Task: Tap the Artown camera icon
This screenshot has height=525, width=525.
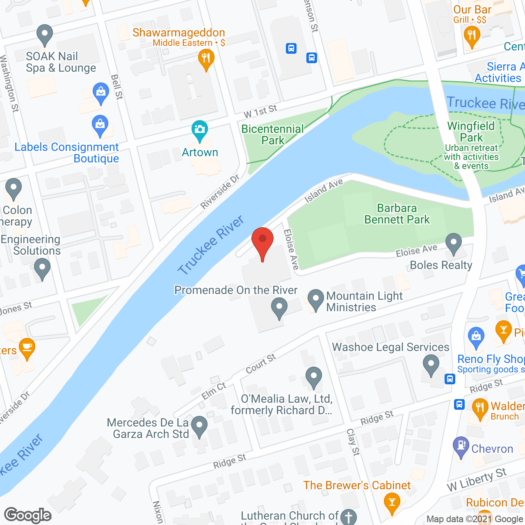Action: click(200, 131)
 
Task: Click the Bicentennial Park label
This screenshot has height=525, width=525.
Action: click(273, 135)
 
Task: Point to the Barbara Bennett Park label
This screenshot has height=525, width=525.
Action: click(397, 214)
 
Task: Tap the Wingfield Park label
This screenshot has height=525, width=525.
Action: click(471, 132)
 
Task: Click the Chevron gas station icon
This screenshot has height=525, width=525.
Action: click(461, 447)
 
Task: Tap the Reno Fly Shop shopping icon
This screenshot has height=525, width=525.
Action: click(476, 338)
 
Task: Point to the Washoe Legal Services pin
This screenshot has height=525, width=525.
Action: click(431, 365)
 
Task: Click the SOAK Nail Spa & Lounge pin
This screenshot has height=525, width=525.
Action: click(45, 35)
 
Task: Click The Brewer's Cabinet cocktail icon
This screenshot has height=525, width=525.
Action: click(392, 503)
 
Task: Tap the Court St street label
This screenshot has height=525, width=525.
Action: click(261, 364)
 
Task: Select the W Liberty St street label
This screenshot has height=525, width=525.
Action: click(477, 479)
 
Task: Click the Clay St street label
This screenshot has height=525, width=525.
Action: click(353, 442)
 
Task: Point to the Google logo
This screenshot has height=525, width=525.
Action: click(28, 515)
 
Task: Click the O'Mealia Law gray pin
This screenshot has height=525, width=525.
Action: click(314, 377)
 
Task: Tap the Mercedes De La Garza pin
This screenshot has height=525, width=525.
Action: click(200, 426)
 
